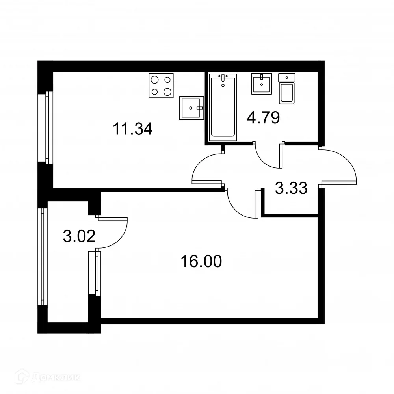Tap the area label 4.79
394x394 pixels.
[x=263, y=117]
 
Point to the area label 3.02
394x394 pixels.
[x=79, y=236]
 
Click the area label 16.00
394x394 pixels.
[x=201, y=261]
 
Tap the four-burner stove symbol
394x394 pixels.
[x=162, y=85]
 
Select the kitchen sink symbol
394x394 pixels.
[x=191, y=108]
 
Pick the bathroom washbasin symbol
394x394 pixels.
[x=261, y=84]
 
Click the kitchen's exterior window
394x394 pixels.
[x=48, y=127]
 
